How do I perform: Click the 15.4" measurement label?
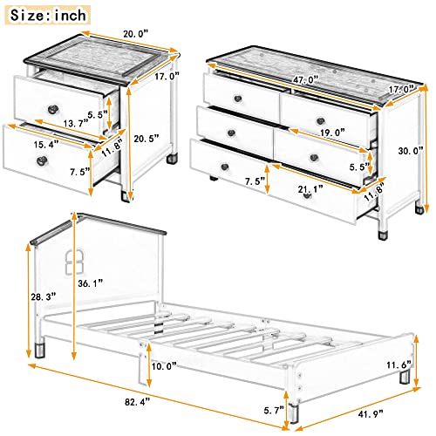click(23, 143)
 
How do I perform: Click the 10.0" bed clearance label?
click(162, 365)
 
